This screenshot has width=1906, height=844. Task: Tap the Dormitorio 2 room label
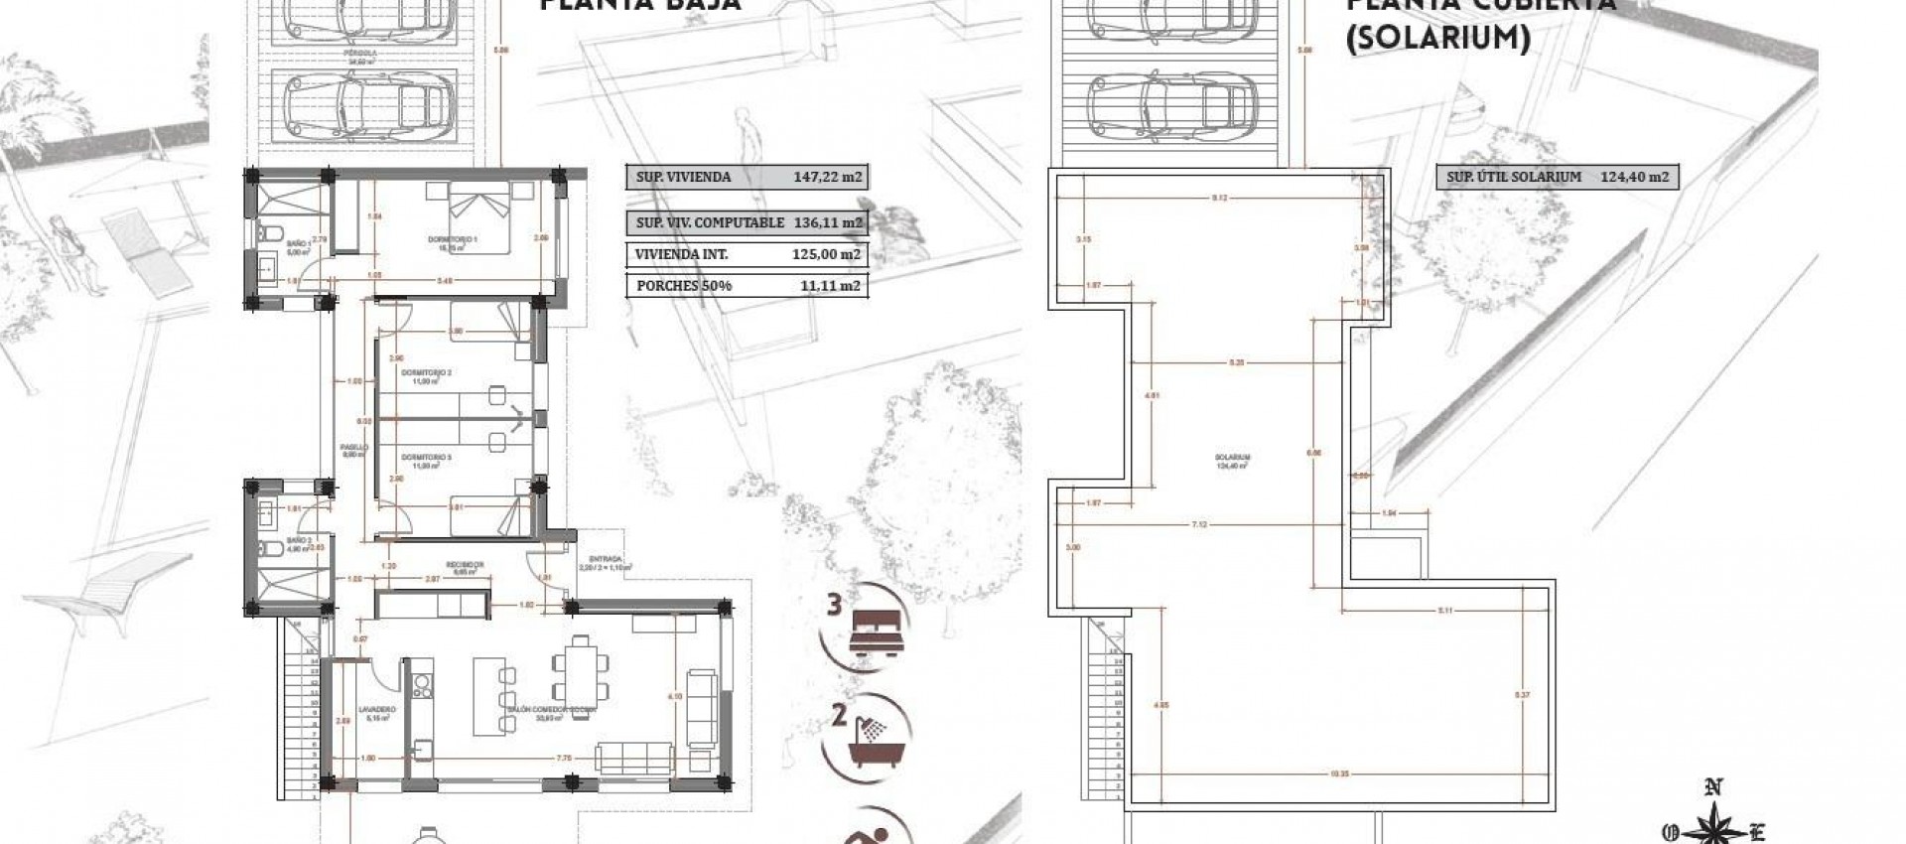426,373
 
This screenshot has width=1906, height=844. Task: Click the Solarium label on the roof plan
1232,458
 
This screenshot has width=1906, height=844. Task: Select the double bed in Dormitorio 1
482,216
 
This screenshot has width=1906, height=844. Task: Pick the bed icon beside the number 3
877,637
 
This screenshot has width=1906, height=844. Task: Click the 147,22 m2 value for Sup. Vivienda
828,178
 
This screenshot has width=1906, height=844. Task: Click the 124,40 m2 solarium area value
1634,178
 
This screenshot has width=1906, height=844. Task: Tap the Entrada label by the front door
605,559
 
